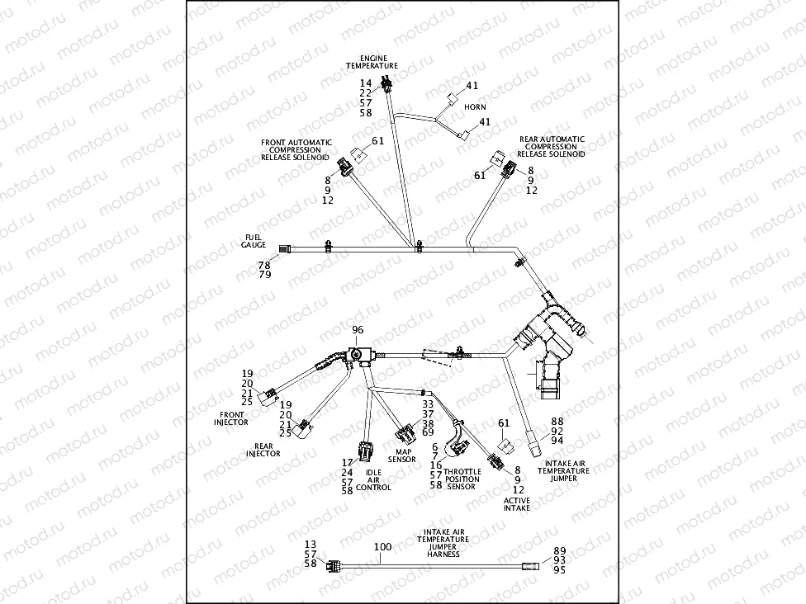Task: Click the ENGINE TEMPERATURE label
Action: click(372, 62)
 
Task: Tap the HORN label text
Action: click(475, 107)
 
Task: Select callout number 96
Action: click(358, 330)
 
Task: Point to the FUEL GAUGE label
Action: click(253, 241)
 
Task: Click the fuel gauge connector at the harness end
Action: click(285, 248)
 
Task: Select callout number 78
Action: click(263, 265)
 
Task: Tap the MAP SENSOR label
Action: click(404, 455)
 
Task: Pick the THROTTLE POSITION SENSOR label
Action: click(462, 479)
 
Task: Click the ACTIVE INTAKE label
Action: click(517, 503)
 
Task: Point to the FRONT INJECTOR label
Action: click(232, 418)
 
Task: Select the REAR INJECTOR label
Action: click(263, 450)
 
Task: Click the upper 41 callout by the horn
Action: click(472, 86)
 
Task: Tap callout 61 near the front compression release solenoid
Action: click(377, 141)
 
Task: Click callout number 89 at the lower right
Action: click(559, 550)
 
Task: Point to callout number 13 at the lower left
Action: click(311, 545)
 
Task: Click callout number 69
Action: click(428, 432)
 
